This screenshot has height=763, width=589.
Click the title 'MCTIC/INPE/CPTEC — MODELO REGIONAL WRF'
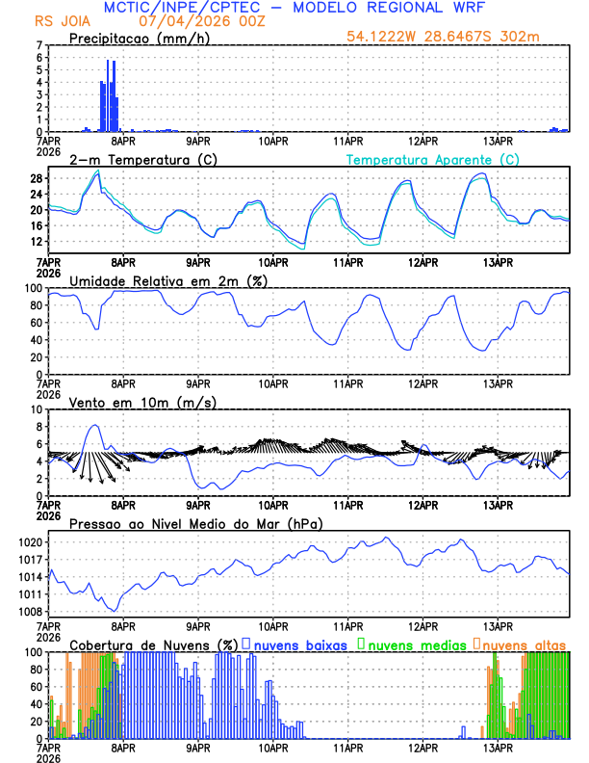click(294, 7)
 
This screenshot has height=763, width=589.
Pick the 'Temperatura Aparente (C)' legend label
click(432, 159)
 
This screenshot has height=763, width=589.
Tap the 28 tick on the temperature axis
click(36, 178)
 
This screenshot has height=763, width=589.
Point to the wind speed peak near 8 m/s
click(94, 425)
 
